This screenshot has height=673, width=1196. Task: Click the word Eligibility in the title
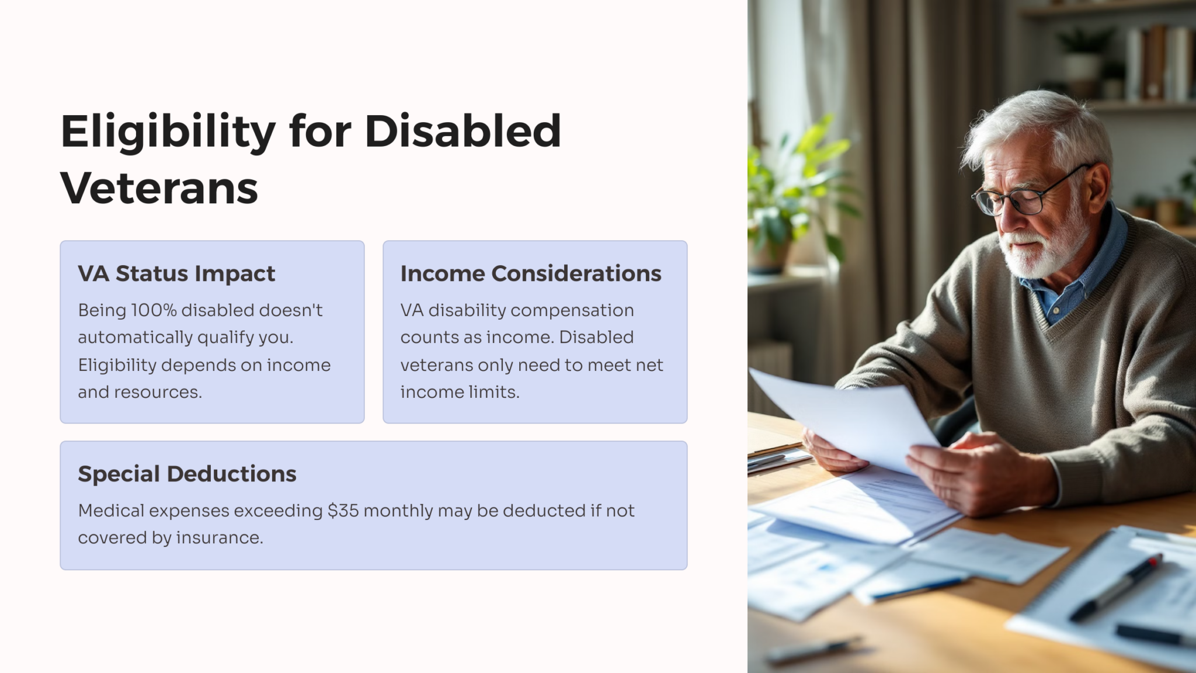pyautogui.click(x=168, y=132)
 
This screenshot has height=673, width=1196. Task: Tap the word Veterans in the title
pyautogui.click(x=159, y=189)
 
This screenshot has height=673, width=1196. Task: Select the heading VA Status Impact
pyautogui.click(x=176, y=273)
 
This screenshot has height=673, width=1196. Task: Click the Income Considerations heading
pyautogui.click(x=530, y=273)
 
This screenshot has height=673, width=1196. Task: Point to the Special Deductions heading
pyautogui.click(x=187, y=474)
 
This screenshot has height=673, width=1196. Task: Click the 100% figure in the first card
pyautogui.click(x=153, y=310)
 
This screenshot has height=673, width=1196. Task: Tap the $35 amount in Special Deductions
pyautogui.click(x=343, y=511)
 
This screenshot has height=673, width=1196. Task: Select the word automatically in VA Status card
pyautogui.click(x=135, y=338)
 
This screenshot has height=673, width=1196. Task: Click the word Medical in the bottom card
pyautogui.click(x=111, y=511)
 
